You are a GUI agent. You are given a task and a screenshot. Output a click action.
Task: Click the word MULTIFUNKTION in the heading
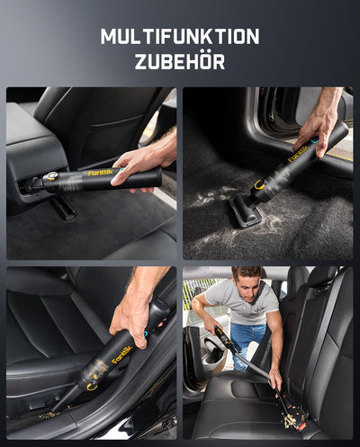[x=180, y=37]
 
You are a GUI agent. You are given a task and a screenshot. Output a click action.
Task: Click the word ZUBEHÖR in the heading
[x=180, y=61]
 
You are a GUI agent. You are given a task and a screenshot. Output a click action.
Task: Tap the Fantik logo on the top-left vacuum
[x=101, y=172]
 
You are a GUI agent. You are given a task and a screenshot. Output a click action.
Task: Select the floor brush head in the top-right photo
[x=244, y=213]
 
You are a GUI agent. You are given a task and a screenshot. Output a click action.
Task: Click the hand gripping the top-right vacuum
[x=316, y=127]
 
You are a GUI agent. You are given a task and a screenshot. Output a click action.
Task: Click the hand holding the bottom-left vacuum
[x=133, y=310]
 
